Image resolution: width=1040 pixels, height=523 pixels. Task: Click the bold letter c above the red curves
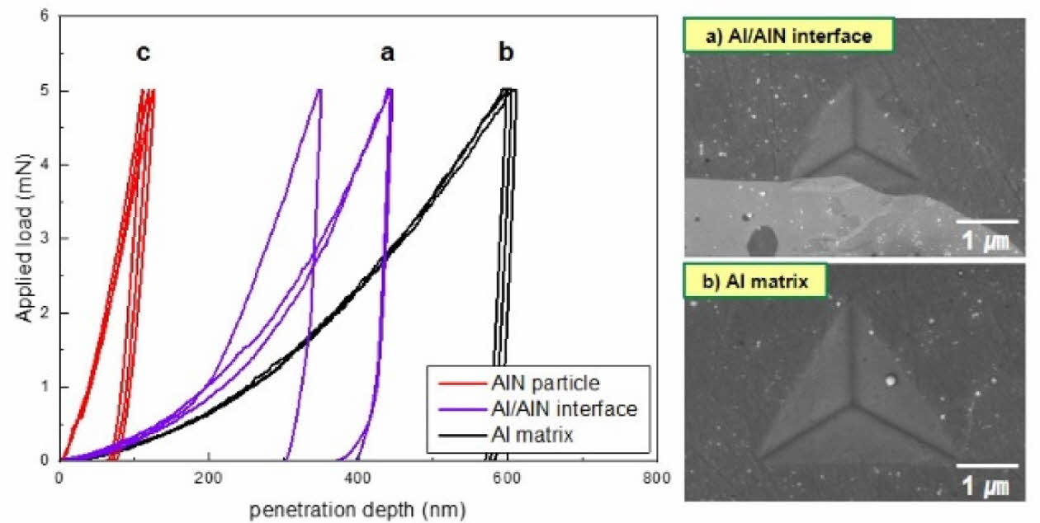pos(144,54)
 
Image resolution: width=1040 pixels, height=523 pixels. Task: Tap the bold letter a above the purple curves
pos(387,54)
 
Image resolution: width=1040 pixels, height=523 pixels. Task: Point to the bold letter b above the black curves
pos(506,54)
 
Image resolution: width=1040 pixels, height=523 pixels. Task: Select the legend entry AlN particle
pos(555,382)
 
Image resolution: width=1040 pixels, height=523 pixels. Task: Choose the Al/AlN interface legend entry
pos(571,408)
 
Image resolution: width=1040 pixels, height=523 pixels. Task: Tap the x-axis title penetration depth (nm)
pos(357,506)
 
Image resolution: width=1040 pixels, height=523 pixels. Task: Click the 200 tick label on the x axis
pos(209,478)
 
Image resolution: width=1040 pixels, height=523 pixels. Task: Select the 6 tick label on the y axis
pos(44,17)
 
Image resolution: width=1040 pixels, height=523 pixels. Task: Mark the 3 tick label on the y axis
pos(44,239)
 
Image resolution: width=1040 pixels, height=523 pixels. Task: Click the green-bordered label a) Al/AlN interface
pos(777,36)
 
